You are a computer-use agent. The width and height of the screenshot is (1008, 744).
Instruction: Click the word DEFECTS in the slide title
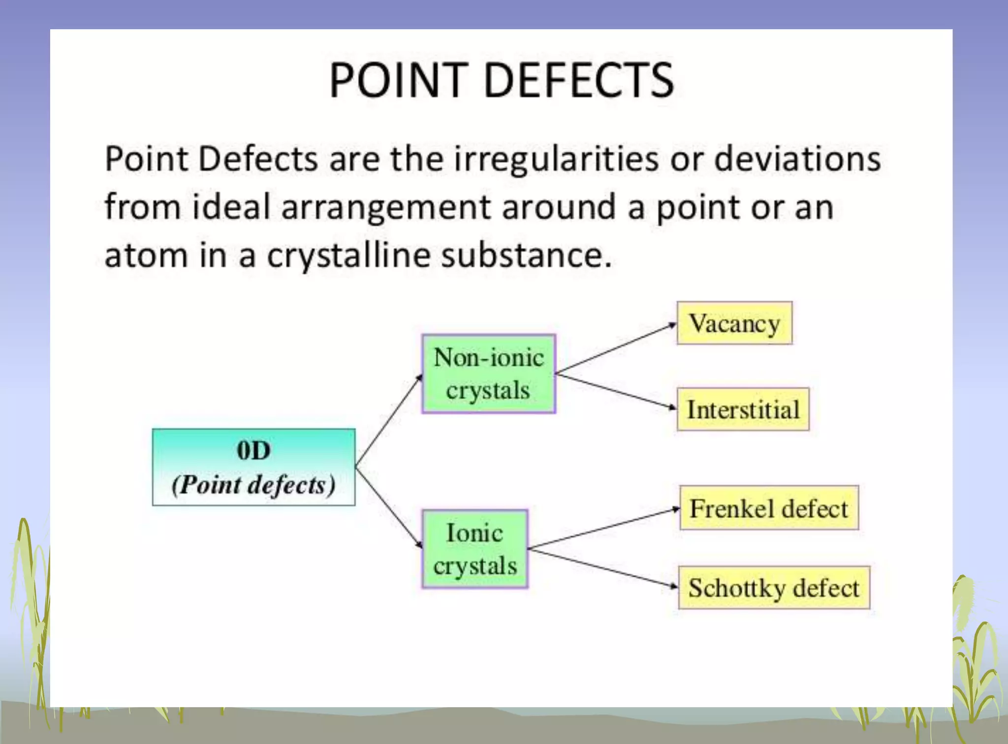tap(579, 80)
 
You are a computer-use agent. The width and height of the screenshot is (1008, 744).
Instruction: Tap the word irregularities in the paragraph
tap(556, 159)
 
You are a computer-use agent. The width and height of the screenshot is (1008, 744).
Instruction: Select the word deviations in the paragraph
tap(797, 159)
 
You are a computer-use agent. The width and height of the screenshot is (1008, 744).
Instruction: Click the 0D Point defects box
tap(253, 467)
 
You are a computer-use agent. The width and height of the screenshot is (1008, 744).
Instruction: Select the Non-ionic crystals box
tap(488, 374)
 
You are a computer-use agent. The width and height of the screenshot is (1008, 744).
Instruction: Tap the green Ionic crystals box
tap(475, 549)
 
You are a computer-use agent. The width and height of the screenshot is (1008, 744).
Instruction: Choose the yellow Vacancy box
tap(734, 323)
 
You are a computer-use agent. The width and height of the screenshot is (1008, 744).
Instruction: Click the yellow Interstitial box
tap(743, 409)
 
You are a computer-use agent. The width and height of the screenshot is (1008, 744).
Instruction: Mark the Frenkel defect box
tap(769, 508)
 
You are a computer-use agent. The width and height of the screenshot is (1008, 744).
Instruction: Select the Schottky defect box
tap(774, 587)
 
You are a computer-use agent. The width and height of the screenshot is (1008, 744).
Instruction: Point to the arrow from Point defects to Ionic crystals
tap(389, 507)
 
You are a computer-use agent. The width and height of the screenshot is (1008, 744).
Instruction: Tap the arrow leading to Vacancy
tap(615, 348)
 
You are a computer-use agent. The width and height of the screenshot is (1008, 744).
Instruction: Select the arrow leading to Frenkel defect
tap(603, 528)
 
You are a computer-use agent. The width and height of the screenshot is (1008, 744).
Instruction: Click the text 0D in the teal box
tap(253, 450)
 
